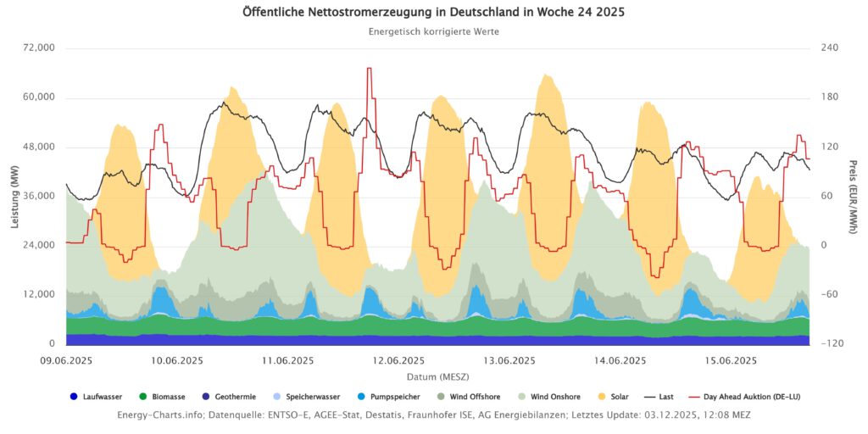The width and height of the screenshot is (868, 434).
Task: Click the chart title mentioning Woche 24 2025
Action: coord(433,13)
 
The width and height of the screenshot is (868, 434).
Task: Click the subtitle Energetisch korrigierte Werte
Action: coord(433,31)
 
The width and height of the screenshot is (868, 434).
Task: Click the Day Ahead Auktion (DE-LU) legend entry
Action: coord(744,396)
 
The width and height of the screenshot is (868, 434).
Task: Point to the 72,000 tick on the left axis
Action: coord(36,47)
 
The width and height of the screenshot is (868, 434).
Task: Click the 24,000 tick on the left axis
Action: coord(36,245)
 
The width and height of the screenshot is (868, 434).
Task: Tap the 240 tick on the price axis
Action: coord(830,47)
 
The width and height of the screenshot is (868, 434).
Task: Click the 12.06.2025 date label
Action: coord(398,360)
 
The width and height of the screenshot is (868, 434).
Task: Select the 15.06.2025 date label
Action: coord(731,360)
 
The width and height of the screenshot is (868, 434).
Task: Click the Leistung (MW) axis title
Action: coord(14,196)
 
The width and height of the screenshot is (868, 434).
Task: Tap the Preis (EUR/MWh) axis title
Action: coord(853,196)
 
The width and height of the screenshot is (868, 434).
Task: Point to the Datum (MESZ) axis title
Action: coord(437,376)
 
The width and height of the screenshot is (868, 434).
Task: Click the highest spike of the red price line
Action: coord(369,69)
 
